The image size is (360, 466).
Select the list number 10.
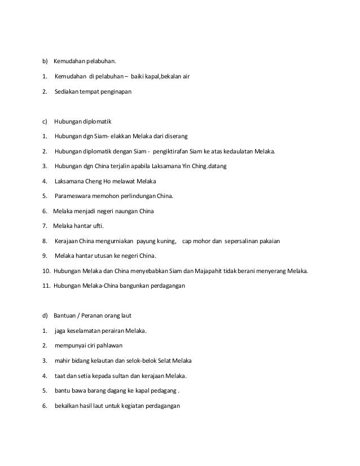46,271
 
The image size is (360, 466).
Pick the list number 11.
46,285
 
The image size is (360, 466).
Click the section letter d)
46,315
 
